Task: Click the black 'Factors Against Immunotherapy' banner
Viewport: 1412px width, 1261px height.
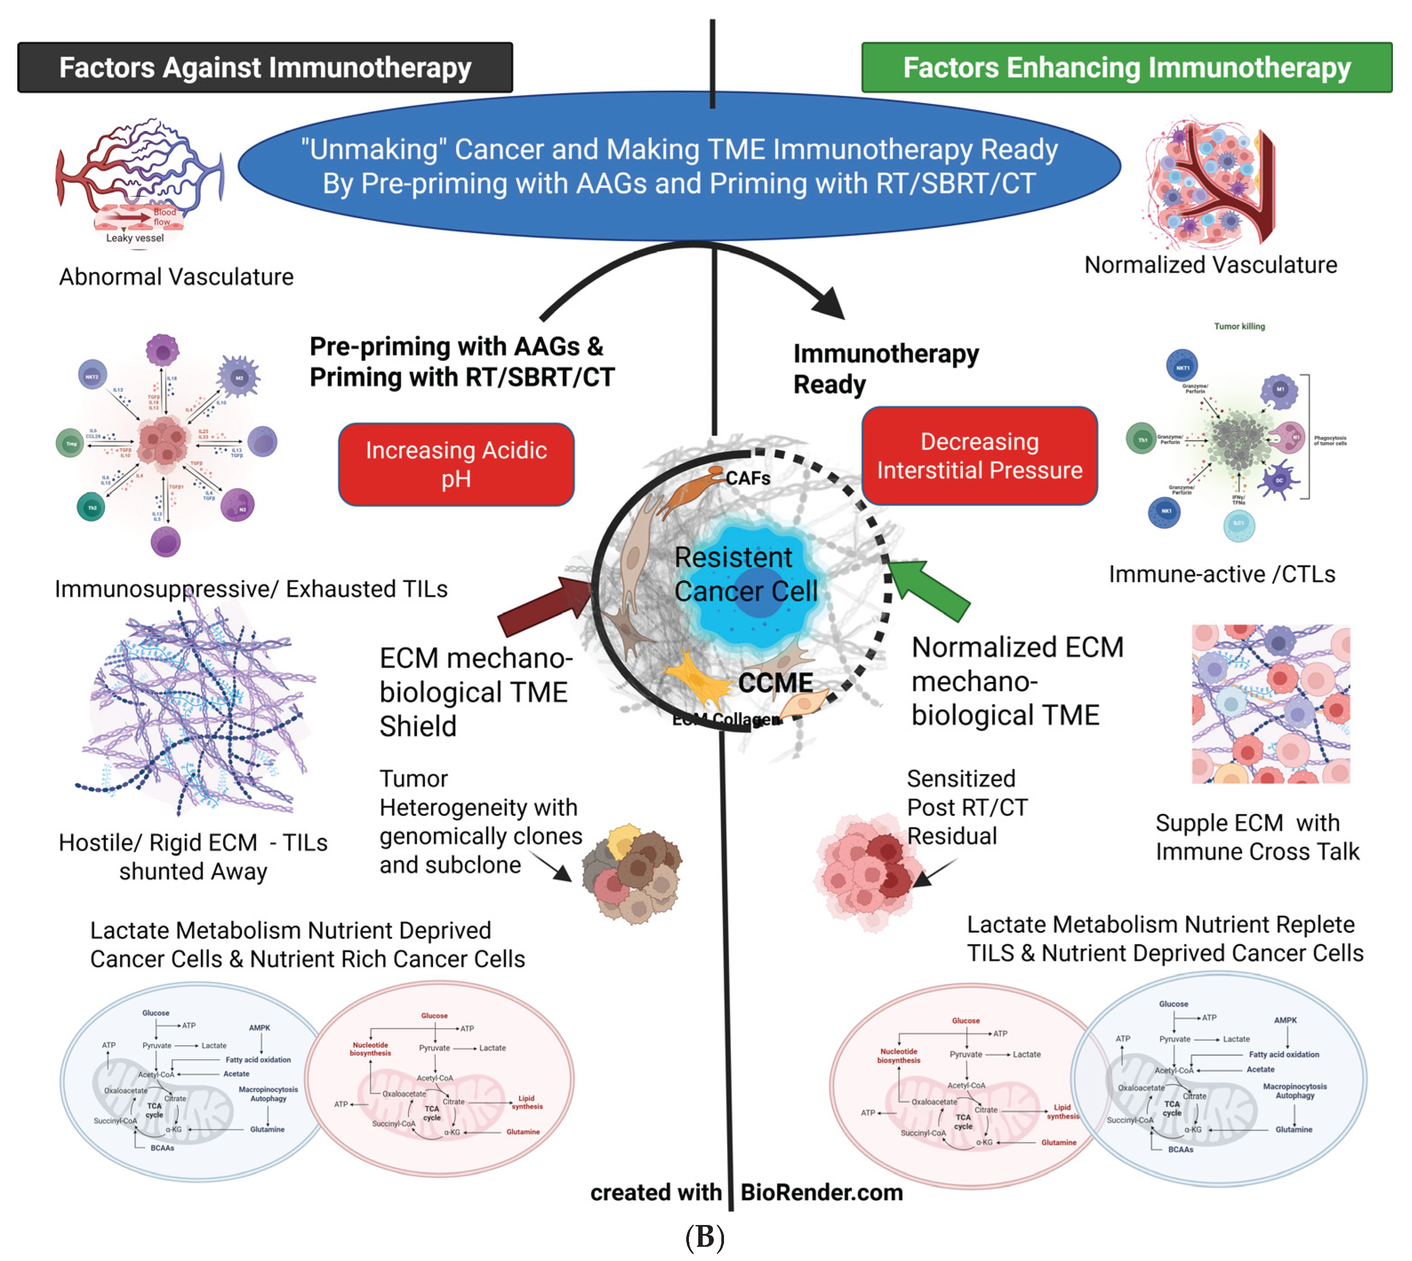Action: pyautogui.click(x=265, y=67)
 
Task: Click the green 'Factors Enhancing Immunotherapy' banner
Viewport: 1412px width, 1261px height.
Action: pyautogui.click(x=1126, y=67)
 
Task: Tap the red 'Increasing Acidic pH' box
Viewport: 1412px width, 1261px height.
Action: pyautogui.click(x=456, y=464)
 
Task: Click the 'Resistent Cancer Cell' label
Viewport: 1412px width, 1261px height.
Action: pyautogui.click(x=745, y=574)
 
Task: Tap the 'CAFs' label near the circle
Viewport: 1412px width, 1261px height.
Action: pyautogui.click(x=748, y=478)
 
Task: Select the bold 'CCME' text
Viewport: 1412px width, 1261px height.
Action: pyautogui.click(x=775, y=682)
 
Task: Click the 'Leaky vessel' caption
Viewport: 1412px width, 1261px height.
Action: pyautogui.click(x=135, y=238)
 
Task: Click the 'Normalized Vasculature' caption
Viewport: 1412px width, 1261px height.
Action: pyautogui.click(x=1210, y=265)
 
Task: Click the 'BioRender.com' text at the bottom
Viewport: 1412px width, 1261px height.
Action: pyautogui.click(x=821, y=1193)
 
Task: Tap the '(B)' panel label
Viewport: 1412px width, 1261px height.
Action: pyautogui.click(x=704, y=1236)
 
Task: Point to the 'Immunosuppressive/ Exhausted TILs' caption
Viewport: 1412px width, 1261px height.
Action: pyautogui.click(x=251, y=589)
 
